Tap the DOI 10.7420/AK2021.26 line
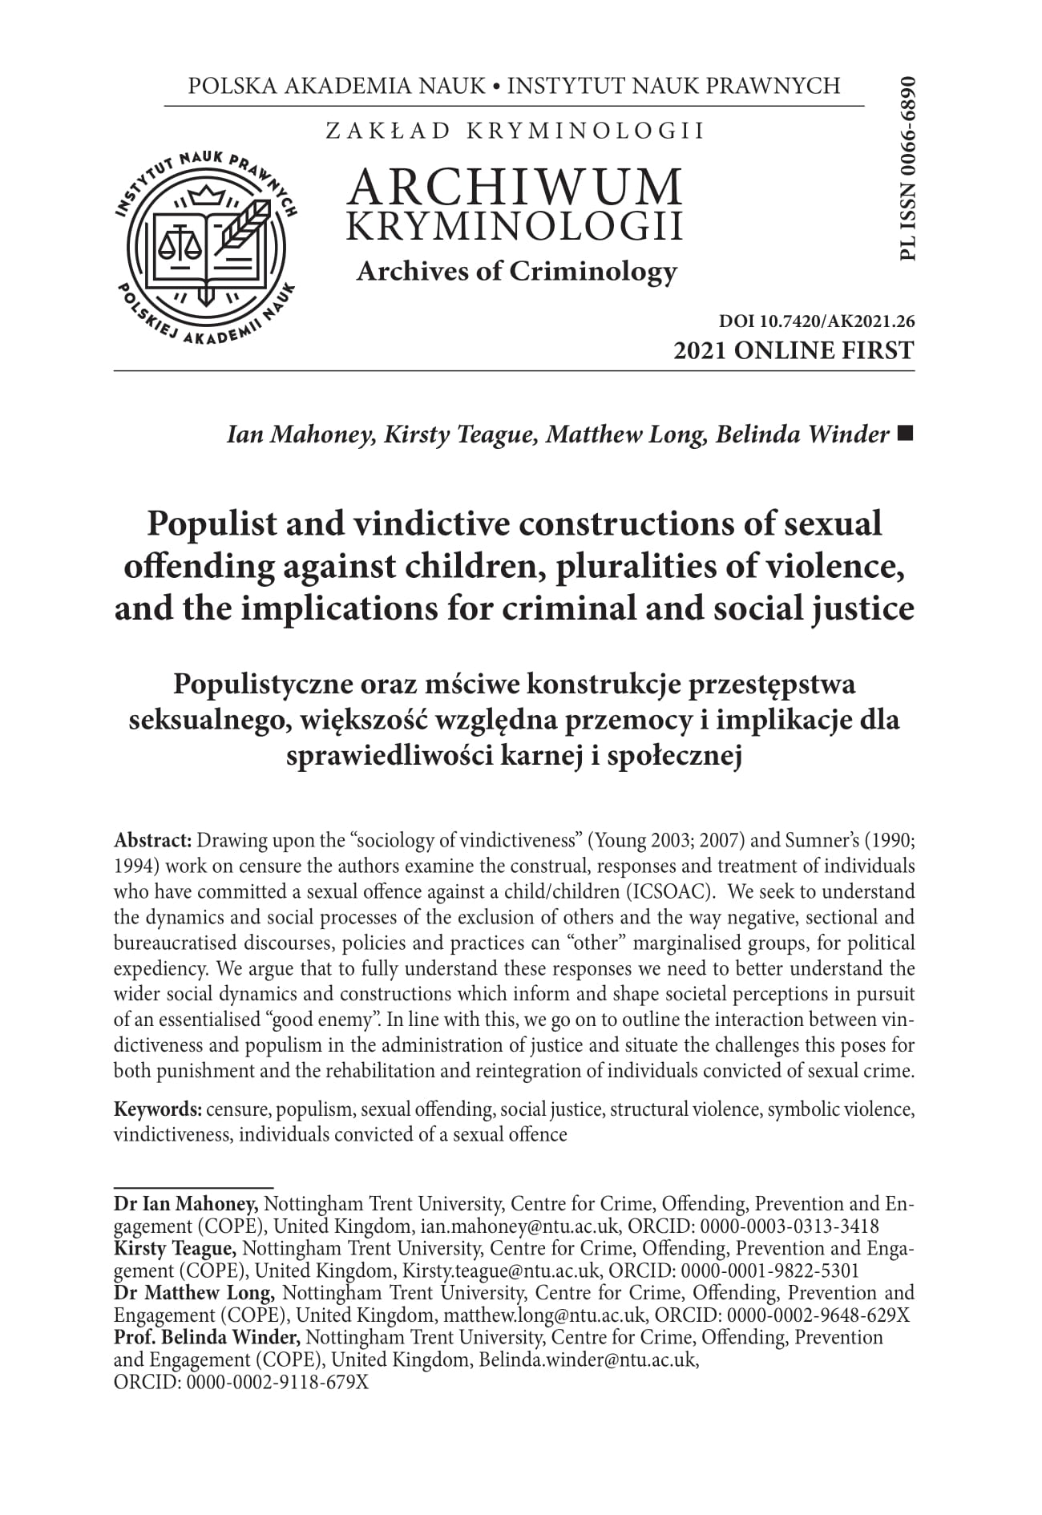(817, 322)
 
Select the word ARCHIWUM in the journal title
(516, 187)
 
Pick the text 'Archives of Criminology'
(516, 272)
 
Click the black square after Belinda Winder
(906, 434)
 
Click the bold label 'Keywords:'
(158, 1109)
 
